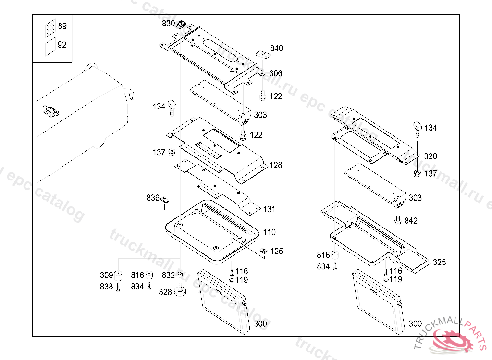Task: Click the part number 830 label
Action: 168,23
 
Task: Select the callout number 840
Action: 276,48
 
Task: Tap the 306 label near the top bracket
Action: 275,73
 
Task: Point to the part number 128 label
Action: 275,166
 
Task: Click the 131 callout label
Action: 269,210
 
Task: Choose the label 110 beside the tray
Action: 269,232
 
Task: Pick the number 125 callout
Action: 276,252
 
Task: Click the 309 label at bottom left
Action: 106,275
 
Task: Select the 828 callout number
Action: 165,292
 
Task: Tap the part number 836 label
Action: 153,198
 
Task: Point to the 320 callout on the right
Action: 430,156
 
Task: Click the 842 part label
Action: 411,221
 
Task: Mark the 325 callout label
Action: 439,263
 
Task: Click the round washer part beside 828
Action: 181,291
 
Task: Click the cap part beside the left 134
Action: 172,105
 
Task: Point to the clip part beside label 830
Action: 182,24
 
